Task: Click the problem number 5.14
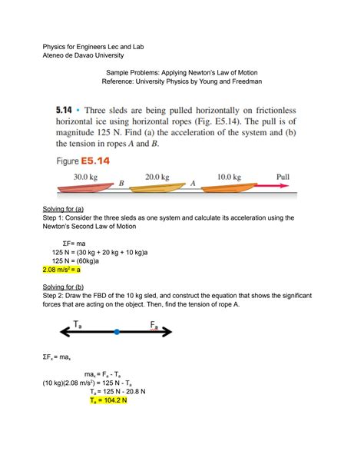[69, 112]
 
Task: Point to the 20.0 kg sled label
[158, 176]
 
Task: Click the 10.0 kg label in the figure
[231, 176]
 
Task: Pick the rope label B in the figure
[121, 184]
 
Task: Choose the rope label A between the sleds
[193, 183]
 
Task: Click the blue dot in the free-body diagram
[116, 332]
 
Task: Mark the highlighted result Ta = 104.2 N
[118, 421]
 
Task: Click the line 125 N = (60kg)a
[80, 260]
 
